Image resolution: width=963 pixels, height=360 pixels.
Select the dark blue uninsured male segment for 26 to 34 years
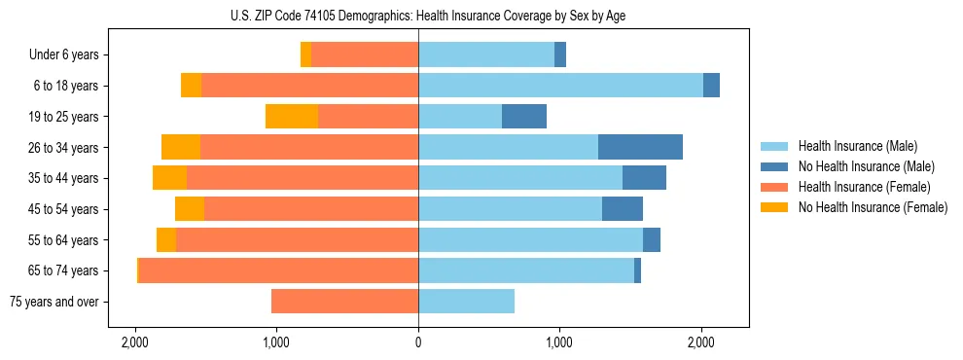(x=640, y=147)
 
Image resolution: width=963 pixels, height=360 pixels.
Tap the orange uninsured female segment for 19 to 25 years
(x=292, y=117)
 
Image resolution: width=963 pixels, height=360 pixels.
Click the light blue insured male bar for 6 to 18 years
(x=560, y=86)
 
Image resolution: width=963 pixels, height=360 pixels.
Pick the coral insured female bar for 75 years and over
(x=344, y=302)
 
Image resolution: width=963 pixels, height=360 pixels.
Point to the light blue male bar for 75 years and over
(x=466, y=302)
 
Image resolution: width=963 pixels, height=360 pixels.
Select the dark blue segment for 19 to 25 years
(x=524, y=117)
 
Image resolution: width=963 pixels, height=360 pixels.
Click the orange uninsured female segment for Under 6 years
(x=305, y=54)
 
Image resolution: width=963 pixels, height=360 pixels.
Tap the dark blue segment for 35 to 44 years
(x=644, y=178)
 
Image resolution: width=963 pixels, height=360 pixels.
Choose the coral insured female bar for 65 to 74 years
(x=278, y=270)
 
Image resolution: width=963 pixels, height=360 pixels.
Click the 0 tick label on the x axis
(x=418, y=342)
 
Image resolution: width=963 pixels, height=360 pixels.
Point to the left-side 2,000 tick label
(x=134, y=342)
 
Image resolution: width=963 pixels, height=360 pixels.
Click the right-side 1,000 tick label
(x=559, y=342)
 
